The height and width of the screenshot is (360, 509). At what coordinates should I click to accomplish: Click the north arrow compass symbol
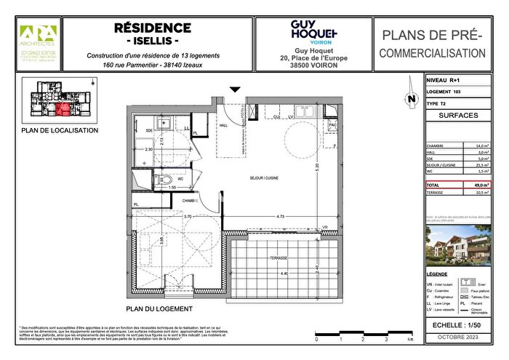pos(412,97)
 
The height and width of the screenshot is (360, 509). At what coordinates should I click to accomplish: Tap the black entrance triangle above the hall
pos(234,89)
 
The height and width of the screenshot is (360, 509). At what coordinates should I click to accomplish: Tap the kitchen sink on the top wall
pos(277,114)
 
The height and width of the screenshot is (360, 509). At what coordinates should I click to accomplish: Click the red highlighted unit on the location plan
pos(63,110)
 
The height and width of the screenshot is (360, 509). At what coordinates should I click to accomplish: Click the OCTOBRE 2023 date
pos(459,339)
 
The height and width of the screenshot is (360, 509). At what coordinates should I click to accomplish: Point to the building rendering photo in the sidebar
pos(459,244)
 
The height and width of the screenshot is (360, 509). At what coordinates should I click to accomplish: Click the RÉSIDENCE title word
pos(153,28)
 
